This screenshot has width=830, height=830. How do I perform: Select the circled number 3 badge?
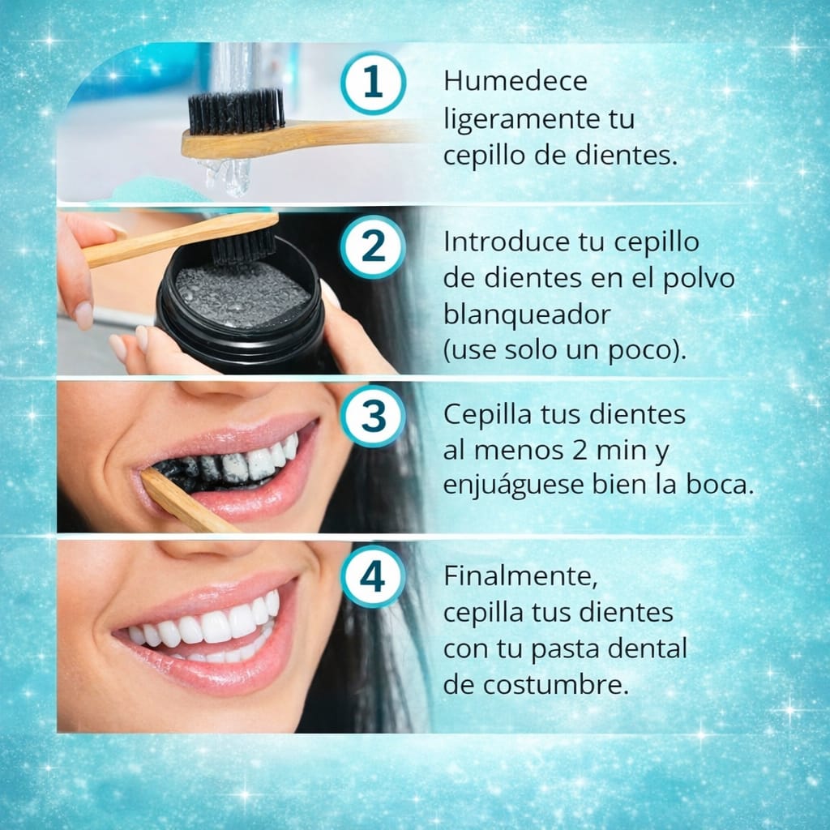point(372,416)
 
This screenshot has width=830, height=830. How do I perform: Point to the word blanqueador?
point(526,314)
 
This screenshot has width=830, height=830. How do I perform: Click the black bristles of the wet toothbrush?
point(236,112)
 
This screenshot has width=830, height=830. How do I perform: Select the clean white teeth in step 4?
point(211,627)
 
